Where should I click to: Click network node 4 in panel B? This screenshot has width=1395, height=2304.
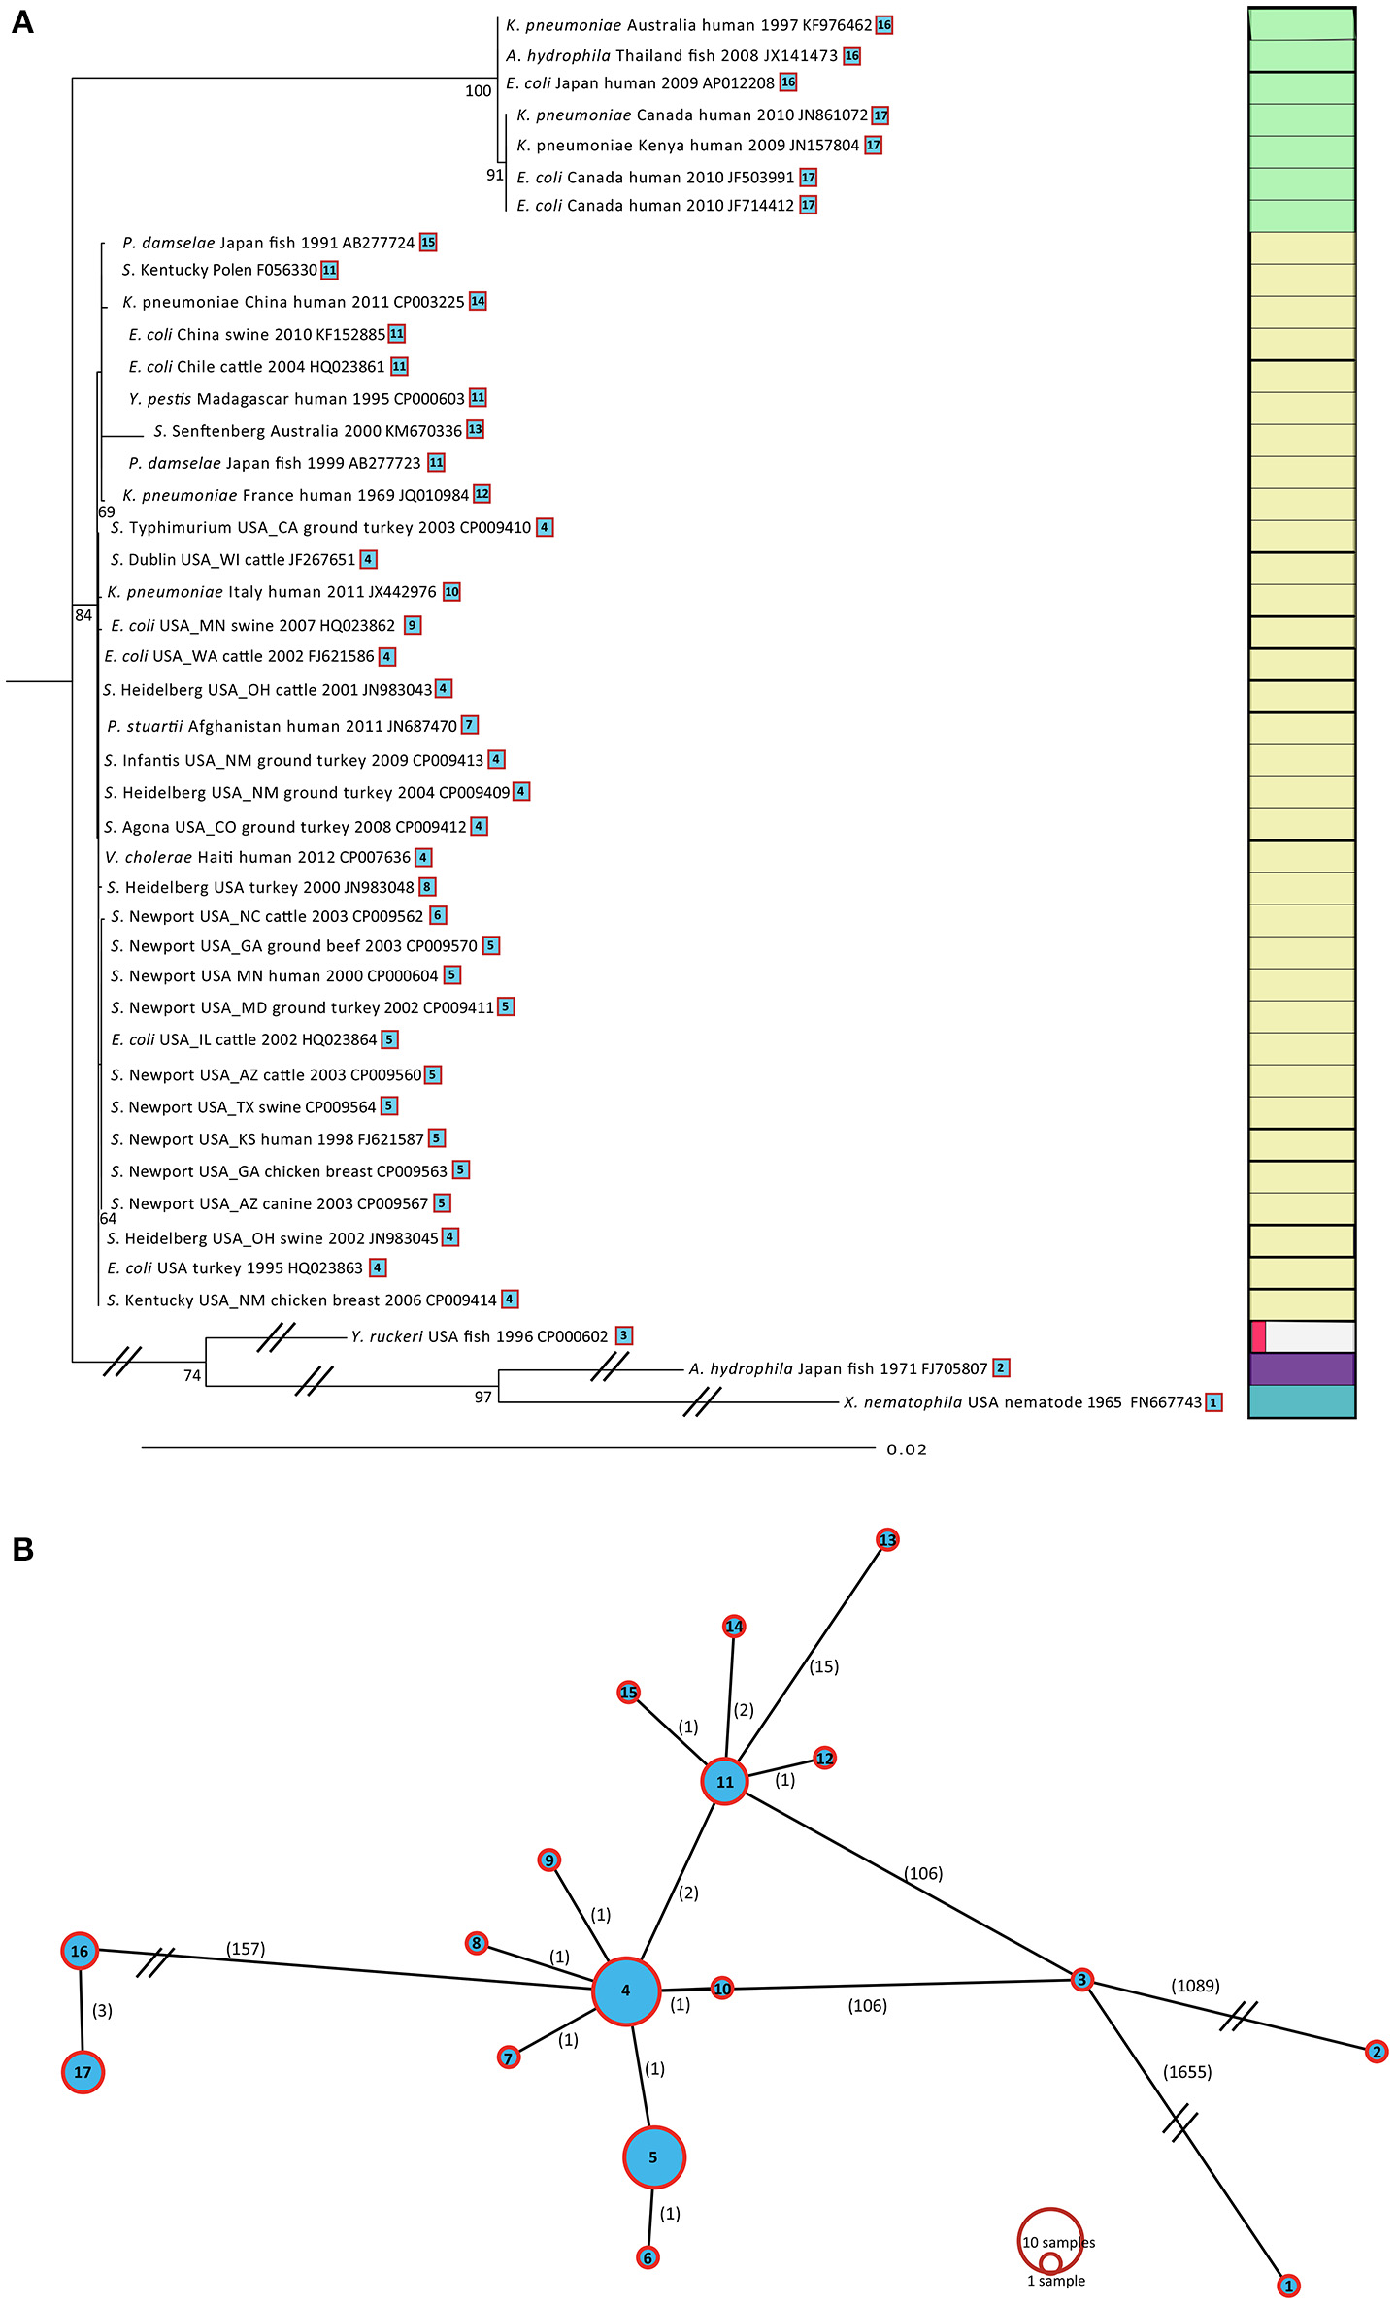tap(626, 1991)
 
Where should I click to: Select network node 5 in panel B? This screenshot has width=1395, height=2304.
tap(653, 2157)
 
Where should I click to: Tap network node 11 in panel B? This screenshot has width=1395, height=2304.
tap(725, 1781)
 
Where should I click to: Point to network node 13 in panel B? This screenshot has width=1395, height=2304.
tap(887, 1540)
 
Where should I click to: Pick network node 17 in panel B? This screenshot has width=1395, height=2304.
tap(83, 2072)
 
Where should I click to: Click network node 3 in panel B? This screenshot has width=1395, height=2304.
tap(1081, 1980)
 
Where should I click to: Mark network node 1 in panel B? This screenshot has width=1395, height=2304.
tap(1288, 2286)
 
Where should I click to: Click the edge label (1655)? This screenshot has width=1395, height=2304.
tap(1187, 2072)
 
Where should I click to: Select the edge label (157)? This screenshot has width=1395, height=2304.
tap(246, 1949)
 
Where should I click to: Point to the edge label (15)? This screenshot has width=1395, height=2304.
tap(824, 1666)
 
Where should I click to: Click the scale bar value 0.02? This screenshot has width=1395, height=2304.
tap(907, 1450)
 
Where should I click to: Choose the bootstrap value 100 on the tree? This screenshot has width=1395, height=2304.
tap(478, 91)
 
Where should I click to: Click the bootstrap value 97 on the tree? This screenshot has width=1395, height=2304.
tap(482, 1397)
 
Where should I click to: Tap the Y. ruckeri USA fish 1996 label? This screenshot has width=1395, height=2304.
tap(480, 1336)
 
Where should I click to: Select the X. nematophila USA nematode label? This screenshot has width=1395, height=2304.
tap(1022, 1402)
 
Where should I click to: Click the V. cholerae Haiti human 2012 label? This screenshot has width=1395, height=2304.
tap(258, 857)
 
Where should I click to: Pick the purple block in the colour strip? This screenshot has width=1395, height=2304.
tap(1301, 1368)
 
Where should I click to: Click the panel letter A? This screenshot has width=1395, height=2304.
tap(22, 22)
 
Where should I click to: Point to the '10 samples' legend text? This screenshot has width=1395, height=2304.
tap(1058, 2242)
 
